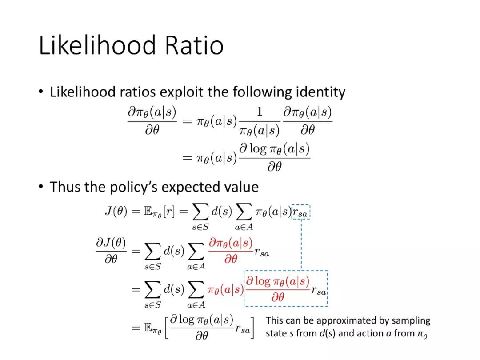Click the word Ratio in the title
point(194,45)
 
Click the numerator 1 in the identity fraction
point(260,111)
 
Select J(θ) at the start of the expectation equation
point(116,211)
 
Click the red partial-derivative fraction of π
point(231,250)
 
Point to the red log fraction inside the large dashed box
point(278,289)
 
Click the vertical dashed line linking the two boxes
point(301,245)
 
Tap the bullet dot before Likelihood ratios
point(41,92)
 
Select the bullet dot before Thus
point(41,186)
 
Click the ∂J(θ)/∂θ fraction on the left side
point(111,250)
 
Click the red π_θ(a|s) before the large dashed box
point(225,290)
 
